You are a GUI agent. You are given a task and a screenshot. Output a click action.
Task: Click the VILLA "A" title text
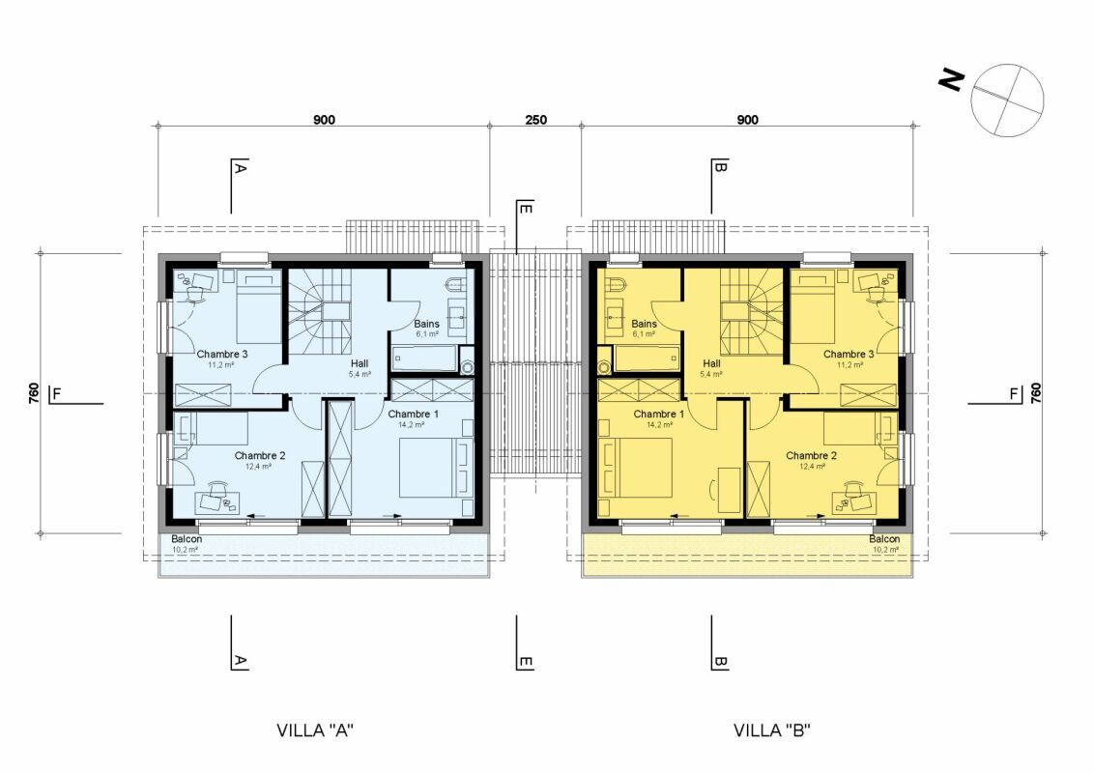click(x=315, y=730)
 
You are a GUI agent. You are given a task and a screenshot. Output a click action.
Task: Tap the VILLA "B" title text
click(x=771, y=730)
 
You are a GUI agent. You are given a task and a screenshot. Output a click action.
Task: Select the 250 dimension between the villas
click(x=535, y=119)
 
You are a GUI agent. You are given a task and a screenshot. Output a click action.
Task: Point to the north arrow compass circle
click(x=1007, y=100)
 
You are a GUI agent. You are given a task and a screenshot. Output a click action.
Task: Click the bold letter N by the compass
click(x=951, y=80)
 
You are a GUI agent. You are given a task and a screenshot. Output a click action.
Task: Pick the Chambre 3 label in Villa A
click(x=222, y=354)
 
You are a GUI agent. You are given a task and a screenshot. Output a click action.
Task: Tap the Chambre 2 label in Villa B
click(x=812, y=455)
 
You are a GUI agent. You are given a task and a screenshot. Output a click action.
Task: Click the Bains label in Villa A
click(x=426, y=324)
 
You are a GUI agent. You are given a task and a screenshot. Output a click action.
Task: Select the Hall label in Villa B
click(x=711, y=363)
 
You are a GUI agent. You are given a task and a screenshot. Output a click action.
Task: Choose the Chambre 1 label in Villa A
click(x=413, y=414)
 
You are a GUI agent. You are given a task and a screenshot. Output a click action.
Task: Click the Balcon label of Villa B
click(x=884, y=539)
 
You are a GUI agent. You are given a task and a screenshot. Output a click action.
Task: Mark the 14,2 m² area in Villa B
click(x=659, y=424)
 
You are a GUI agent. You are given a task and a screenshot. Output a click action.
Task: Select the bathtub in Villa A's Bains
click(x=423, y=358)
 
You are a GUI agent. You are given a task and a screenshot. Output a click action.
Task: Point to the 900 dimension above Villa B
click(x=747, y=119)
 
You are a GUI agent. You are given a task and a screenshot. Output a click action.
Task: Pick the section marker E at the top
click(x=526, y=208)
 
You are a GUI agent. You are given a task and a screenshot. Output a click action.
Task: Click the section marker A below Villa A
click(x=240, y=660)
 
